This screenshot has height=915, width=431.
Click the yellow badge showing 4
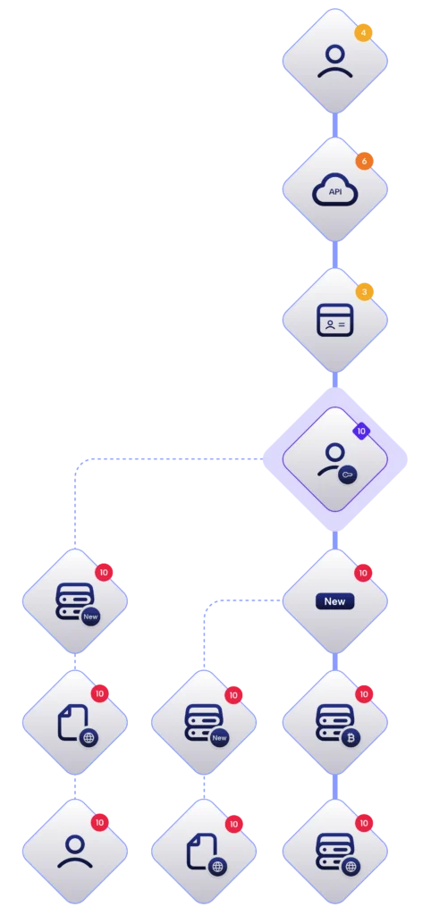click(363, 33)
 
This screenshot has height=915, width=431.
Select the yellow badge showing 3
click(365, 292)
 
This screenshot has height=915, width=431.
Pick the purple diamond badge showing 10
click(361, 432)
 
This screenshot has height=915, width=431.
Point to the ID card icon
click(335, 320)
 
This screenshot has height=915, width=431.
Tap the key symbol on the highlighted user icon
click(348, 475)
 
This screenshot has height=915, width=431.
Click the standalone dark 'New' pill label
click(334, 601)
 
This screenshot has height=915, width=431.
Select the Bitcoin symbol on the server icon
click(351, 737)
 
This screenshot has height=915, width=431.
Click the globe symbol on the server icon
click(351, 867)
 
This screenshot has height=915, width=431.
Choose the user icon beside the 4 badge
click(335, 62)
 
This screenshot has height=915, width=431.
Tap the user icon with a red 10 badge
click(75, 852)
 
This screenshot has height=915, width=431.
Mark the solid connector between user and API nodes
click(335, 125)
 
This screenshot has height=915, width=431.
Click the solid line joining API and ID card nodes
click(335, 255)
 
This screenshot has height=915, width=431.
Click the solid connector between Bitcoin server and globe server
click(335, 787)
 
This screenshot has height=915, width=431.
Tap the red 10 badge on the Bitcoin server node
click(364, 693)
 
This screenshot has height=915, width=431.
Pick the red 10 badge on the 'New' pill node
click(363, 573)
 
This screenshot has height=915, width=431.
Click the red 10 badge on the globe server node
click(364, 823)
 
